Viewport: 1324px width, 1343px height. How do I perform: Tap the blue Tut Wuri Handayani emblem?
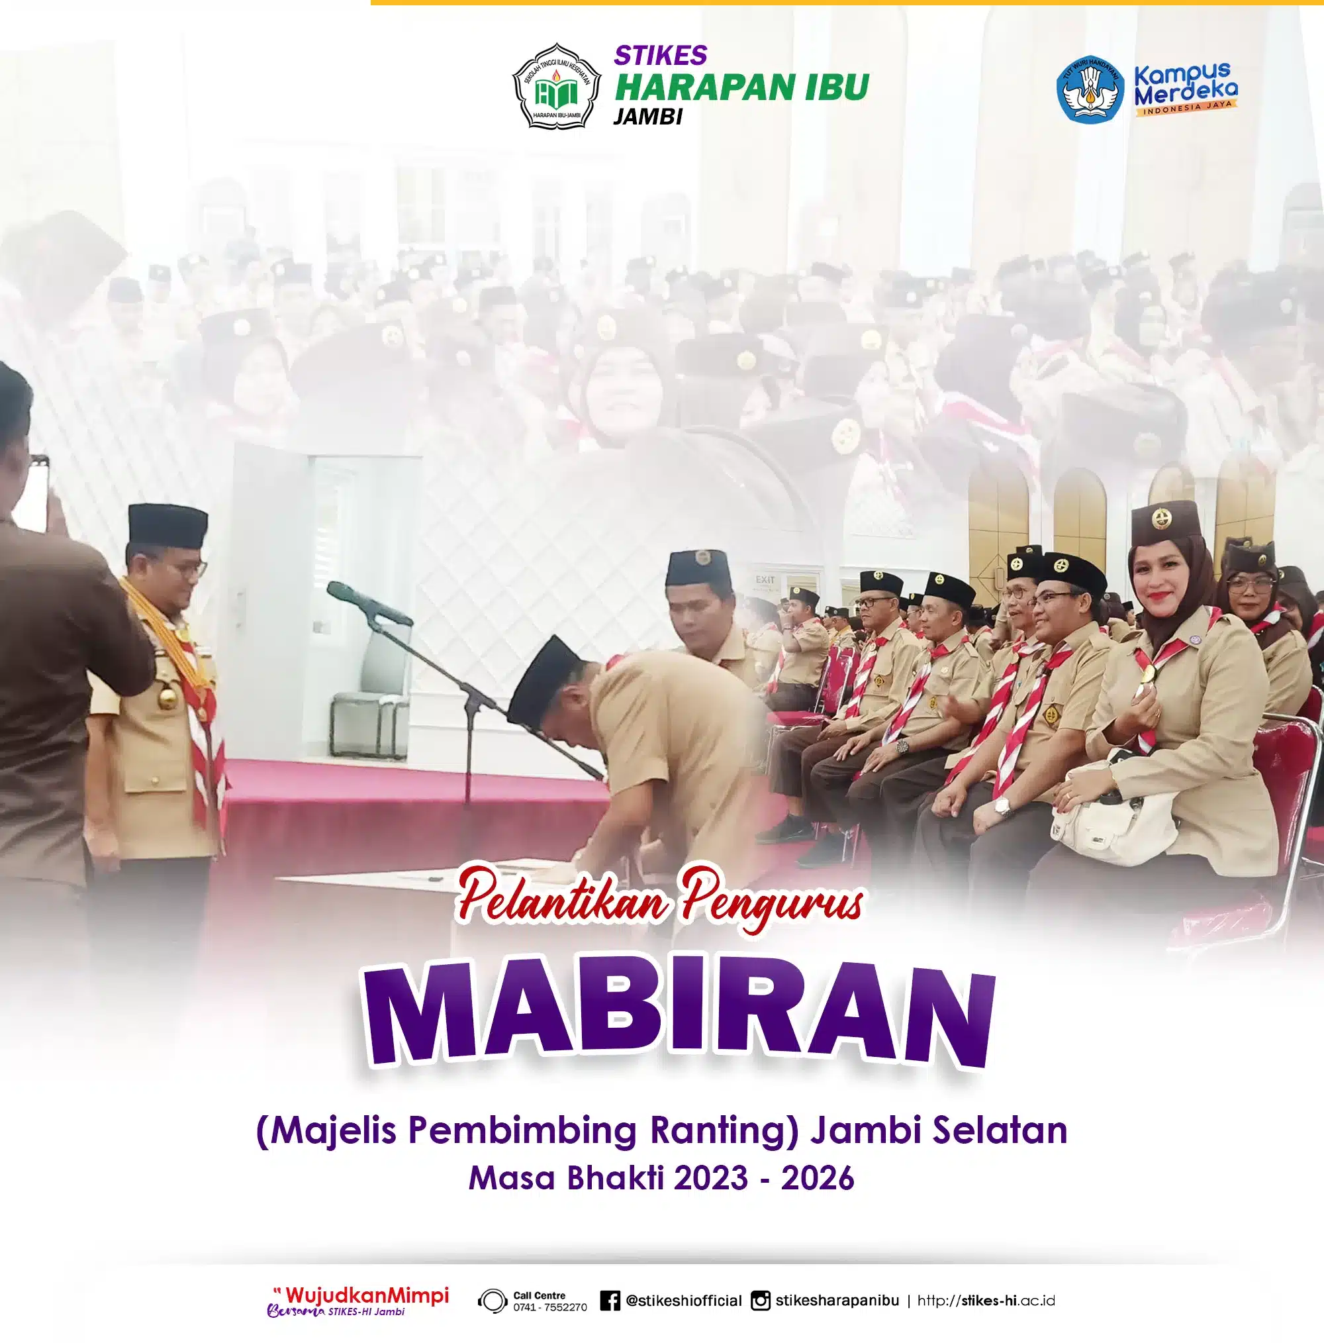pyautogui.click(x=1090, y=89)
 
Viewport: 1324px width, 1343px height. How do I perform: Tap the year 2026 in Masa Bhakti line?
pyautogui.click(x=818, y=1178)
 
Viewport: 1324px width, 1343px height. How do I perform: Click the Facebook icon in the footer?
pyautogui.click(x=610, y=1300)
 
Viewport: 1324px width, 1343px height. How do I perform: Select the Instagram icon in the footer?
pyautogui.click(x=761, y=1300)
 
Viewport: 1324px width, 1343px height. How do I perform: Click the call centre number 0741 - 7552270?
pyautogui.click(x=549, y=1307)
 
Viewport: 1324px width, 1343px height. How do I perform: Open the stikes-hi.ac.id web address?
pyautogui.click(x=986, y=1300)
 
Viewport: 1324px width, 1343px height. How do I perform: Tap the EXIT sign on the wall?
pyautogui.click(x=766, y=578)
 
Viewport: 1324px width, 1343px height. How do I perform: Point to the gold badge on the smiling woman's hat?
pyautogui.click(x=1158, y=518)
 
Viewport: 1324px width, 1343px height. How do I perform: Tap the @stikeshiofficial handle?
pyautogui.click(x=684, y=1301)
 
